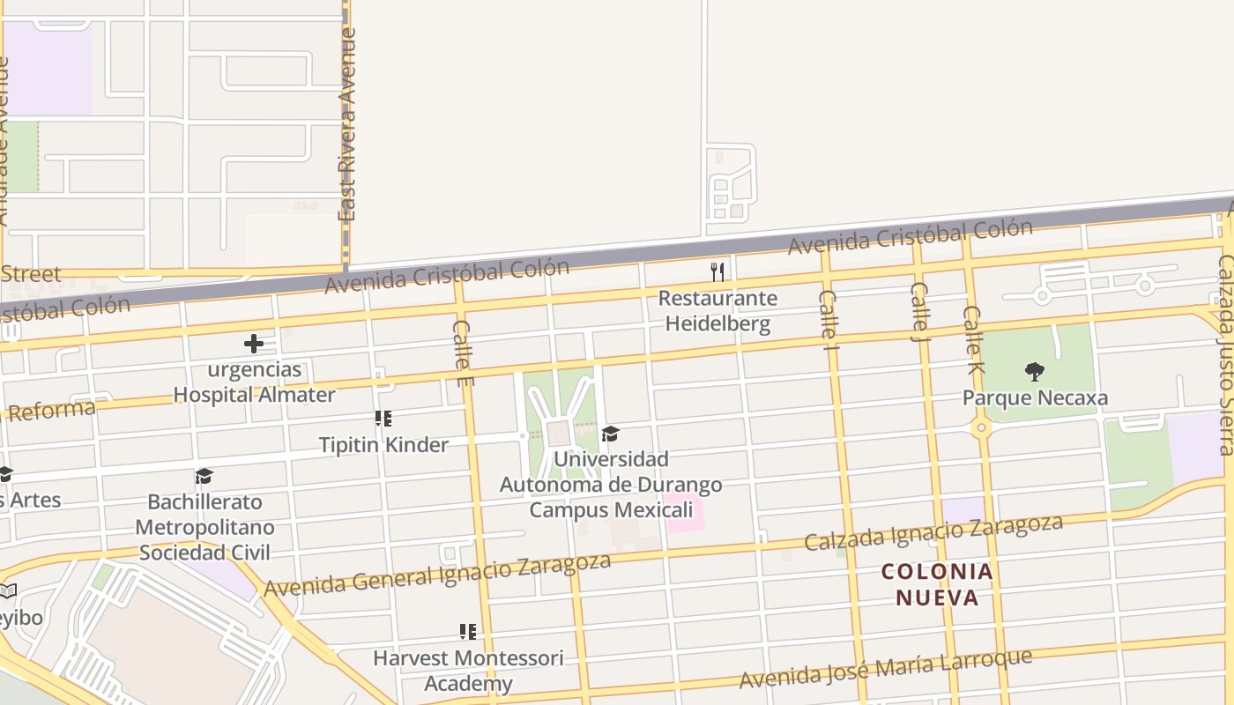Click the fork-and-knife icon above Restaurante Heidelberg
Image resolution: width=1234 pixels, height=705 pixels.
point(717,271)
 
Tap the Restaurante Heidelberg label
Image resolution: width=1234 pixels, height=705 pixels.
point(717,311)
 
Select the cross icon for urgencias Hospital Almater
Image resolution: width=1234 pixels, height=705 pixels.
point(254,343)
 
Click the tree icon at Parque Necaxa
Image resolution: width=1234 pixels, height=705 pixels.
point(1035,372)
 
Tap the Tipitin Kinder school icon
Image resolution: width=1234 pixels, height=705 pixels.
point(383,419)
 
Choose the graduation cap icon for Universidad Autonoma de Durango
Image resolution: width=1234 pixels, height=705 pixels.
point(610,434)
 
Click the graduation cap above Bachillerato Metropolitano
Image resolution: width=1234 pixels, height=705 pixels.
point(204,477)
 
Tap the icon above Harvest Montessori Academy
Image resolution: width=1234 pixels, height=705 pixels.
point(468,632)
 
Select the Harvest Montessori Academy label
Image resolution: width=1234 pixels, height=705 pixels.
point(468,671)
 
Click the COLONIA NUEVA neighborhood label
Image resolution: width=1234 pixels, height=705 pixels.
point(938,585)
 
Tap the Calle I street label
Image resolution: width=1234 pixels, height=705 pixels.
point(829,315)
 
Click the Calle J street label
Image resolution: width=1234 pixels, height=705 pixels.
point(919,311)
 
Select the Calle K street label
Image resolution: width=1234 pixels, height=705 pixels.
point(972,339)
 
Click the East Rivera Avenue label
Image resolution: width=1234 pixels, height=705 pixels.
point(347,123)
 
